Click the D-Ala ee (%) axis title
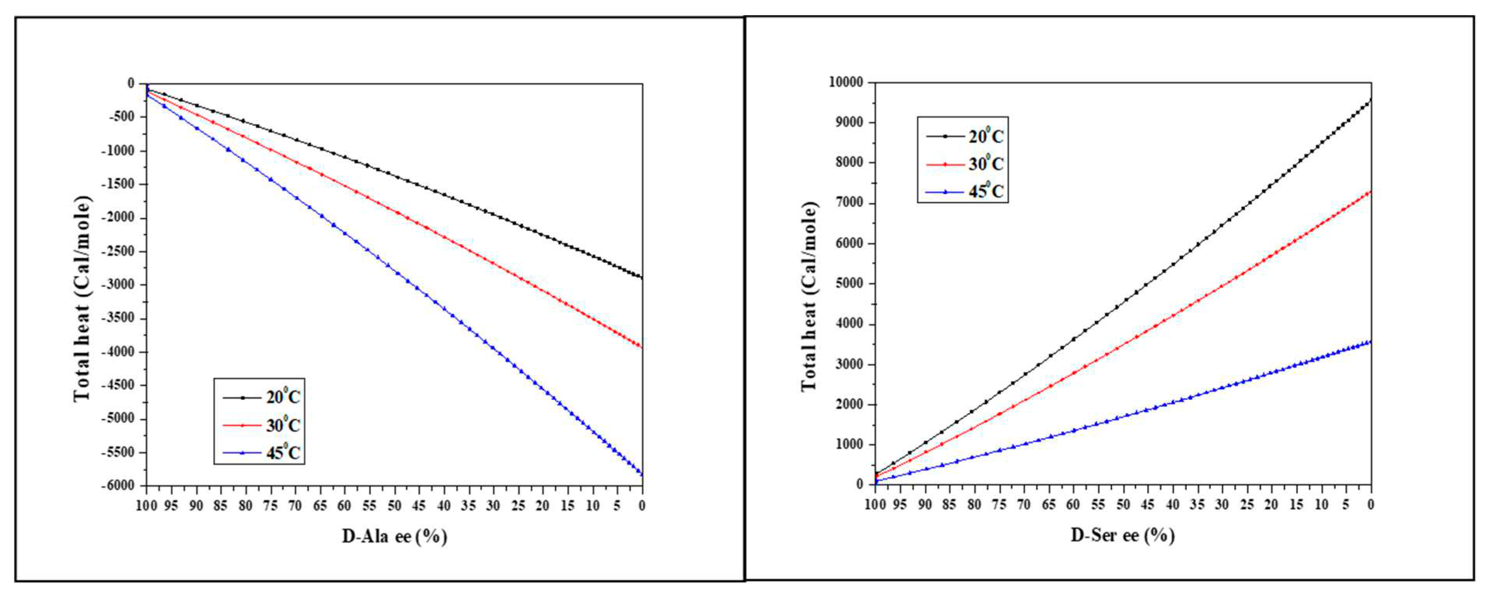click(394, 536)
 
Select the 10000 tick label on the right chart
click(846, 82)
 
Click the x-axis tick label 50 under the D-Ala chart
click(394, 506)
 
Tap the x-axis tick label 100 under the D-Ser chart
click(874, 505)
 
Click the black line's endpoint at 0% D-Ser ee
click(1371, 100)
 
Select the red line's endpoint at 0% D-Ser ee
click(1371, 192)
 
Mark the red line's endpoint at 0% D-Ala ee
click(642, 347)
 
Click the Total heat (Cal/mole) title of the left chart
click(82, 299)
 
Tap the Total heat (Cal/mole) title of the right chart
click(809, 297)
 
